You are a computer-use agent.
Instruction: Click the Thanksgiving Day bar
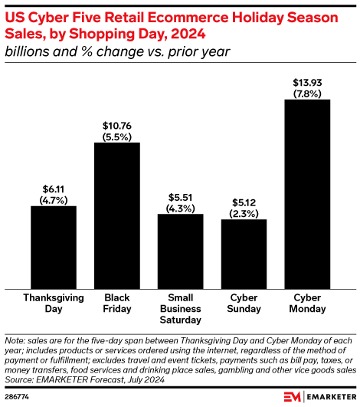tap(54, 247)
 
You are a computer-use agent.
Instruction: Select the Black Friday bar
tap(117, 215)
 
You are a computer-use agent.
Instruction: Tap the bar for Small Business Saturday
tap(181, 251)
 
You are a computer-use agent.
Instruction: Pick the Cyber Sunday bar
tap(244, 254)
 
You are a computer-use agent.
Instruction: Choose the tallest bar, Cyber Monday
tap(307, 193)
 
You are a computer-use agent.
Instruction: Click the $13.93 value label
tap(307, 82)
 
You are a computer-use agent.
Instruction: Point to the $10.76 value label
tap(117, 125)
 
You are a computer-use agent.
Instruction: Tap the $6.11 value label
tap(54, 189)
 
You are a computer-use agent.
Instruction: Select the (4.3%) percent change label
tap(181, 207)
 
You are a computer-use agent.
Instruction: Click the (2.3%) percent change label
tap(244, 213)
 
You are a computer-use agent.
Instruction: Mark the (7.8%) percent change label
tap(307, 93)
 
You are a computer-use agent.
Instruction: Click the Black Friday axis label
tap(117, 303)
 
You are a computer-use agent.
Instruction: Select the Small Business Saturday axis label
tap(181, 308)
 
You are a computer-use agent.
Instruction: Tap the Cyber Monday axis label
tap(307, 303)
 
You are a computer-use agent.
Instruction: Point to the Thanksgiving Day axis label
tap(54, 303)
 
